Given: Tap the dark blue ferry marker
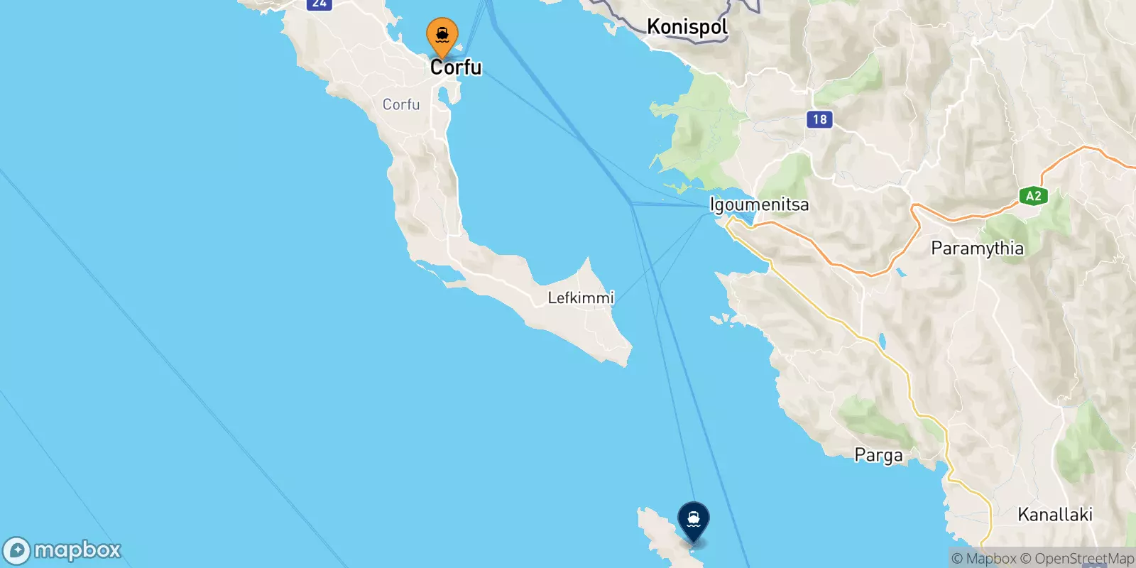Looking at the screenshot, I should (693, 520).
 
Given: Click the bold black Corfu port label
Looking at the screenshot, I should (456, 67).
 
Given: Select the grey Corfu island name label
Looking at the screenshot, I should (401, 104).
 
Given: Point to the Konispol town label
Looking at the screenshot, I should (687, 27).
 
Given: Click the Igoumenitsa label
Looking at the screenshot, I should (759, 204).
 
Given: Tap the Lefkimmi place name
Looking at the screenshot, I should (580, 297).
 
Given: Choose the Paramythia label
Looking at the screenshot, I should (977, 248).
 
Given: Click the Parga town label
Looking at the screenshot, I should (878, 455).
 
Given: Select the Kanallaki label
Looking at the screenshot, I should (1054, 515).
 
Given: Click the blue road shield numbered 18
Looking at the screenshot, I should (819, 119).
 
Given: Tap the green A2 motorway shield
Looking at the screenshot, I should (1033, 196).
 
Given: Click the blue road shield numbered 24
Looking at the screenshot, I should (319, 4).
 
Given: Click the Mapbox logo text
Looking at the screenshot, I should (77, 550).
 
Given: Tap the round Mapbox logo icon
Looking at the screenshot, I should (16, 551).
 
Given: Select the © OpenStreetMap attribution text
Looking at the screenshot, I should (1077, 559).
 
